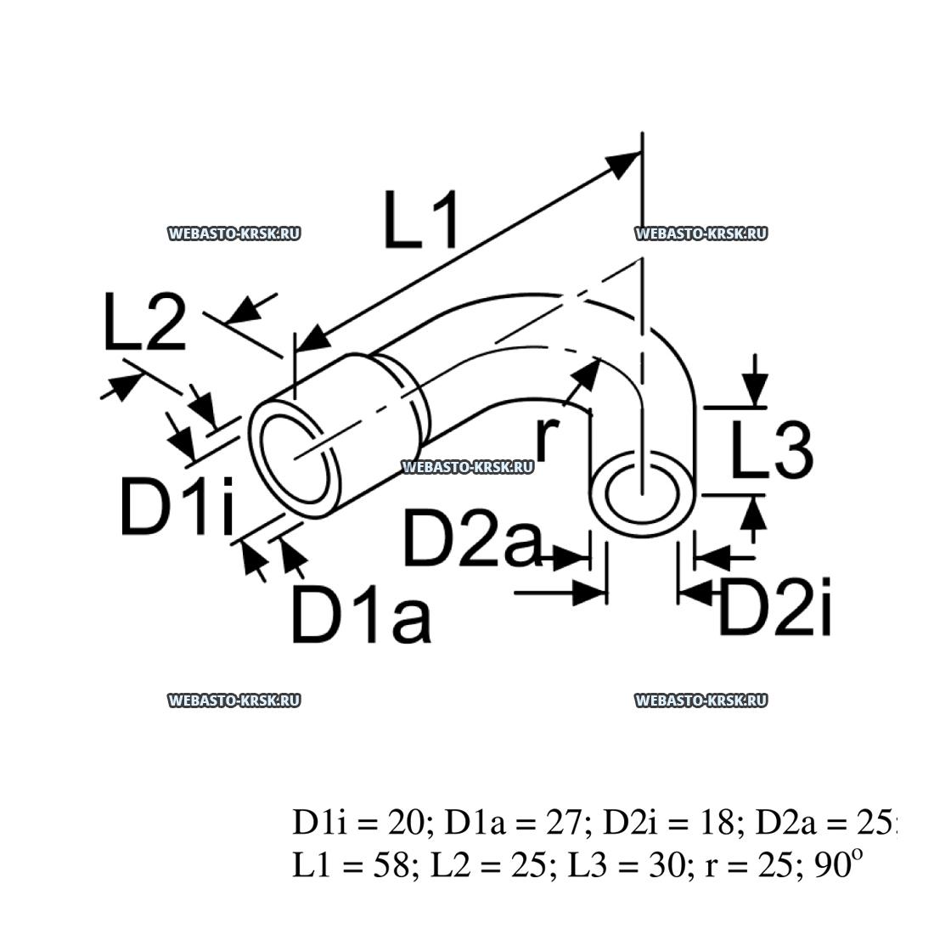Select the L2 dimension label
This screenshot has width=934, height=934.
pyautogui.click(x=143, y=324)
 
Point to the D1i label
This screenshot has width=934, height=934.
pyautogui.click(x=176, y=507)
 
